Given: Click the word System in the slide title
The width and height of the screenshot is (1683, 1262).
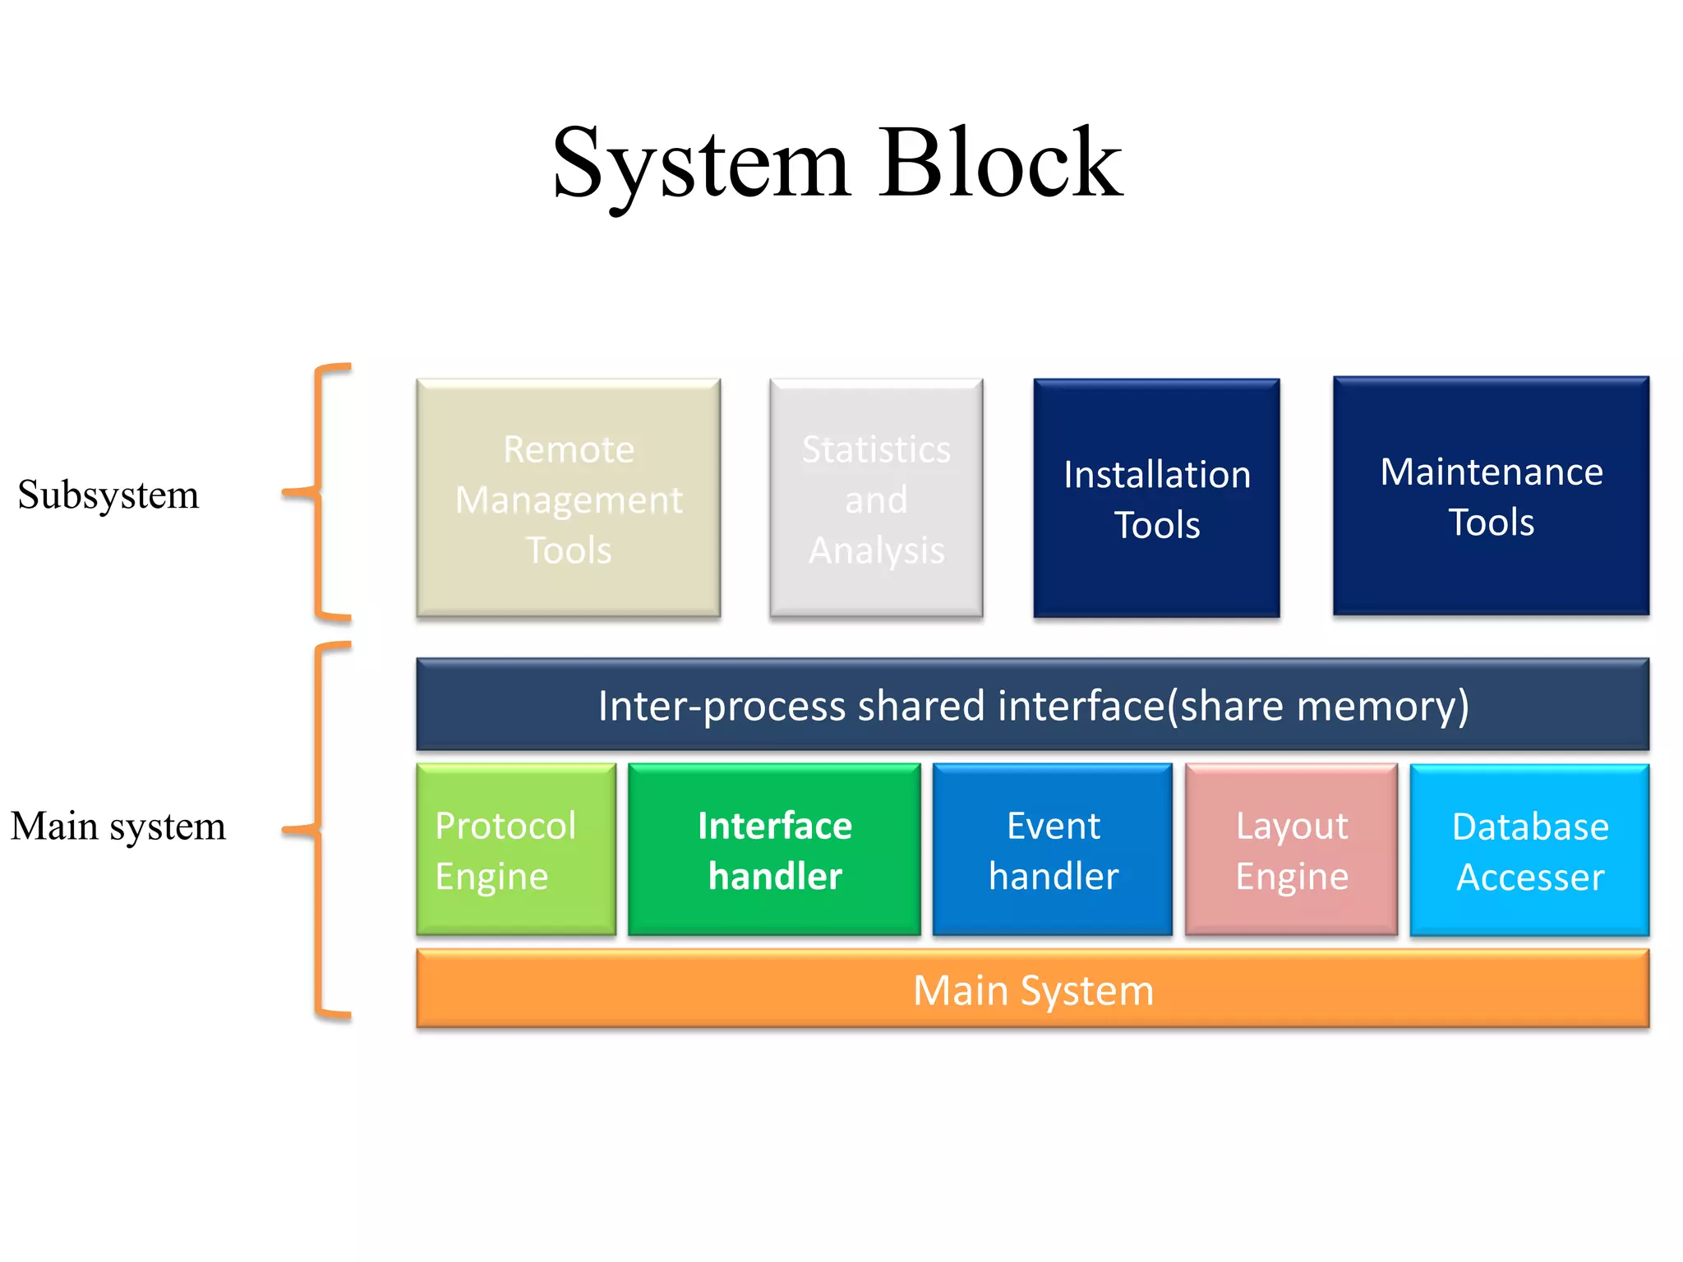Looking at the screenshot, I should click(700, 164).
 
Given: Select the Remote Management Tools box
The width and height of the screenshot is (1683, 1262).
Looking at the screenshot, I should click(569, 498).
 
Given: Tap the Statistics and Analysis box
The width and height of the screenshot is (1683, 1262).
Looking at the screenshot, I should click(876, 498).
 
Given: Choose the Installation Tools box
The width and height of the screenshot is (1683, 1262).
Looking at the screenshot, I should click(1156, 498).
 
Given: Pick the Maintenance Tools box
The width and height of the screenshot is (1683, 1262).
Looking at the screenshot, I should click(1491, 496).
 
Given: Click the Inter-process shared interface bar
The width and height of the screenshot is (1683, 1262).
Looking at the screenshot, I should click(1032, 705).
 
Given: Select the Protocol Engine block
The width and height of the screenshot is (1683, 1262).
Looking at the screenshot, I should click(516, 850).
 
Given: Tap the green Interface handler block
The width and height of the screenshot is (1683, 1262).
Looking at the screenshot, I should click(774, 850).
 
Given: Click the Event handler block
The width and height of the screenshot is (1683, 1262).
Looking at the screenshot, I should click(1052, 850).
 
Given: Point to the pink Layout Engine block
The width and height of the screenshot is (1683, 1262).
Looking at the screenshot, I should click(1291, 850).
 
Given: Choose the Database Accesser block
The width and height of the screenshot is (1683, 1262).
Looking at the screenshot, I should click(1529, 850).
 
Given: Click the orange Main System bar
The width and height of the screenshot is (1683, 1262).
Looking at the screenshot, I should click(1032, 989).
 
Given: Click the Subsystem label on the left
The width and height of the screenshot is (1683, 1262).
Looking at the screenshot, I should click(108, 495).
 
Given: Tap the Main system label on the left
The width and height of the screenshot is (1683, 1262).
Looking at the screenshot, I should click(118, 826).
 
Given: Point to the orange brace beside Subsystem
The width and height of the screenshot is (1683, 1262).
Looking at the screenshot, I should click(318, 491).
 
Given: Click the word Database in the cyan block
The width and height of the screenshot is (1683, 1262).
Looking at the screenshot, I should click(1529, 826).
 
